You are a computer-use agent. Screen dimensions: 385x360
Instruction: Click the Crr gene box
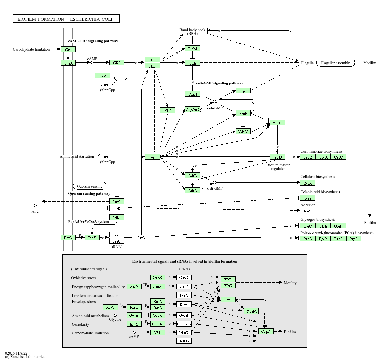point(68,49)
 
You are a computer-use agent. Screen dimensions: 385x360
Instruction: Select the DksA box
point(102,76)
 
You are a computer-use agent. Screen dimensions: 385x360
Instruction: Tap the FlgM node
point(192,48)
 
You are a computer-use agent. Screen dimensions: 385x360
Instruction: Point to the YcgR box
point(243,91)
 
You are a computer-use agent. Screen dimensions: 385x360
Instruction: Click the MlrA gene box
point(277,123)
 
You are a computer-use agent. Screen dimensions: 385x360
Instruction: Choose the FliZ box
point(168,110)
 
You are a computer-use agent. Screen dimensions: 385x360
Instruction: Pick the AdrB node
point(192,176)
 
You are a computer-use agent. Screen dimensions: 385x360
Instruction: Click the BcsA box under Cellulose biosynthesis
point(308,183)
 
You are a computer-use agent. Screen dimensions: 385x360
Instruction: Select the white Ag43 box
point(308,211)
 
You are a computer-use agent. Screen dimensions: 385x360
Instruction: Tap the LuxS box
point(117,202)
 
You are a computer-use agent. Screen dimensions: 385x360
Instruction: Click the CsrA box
point(141,237)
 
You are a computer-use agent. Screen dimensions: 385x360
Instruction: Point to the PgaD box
point(354,238)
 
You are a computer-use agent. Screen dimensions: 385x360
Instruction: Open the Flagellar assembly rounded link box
point(336,63)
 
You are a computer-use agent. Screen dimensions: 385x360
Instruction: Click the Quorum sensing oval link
point(90,186)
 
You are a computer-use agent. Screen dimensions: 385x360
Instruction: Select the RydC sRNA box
point(184,341)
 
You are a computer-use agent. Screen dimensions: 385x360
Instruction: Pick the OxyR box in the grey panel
point(158,277)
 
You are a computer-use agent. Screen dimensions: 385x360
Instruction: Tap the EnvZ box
point(134,324)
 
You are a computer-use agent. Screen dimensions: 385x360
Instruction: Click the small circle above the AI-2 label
point(35,205)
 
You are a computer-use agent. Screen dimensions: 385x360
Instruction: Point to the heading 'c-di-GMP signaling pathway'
point(220,83)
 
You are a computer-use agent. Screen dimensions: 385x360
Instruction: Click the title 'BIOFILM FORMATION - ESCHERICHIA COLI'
point(65,19)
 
